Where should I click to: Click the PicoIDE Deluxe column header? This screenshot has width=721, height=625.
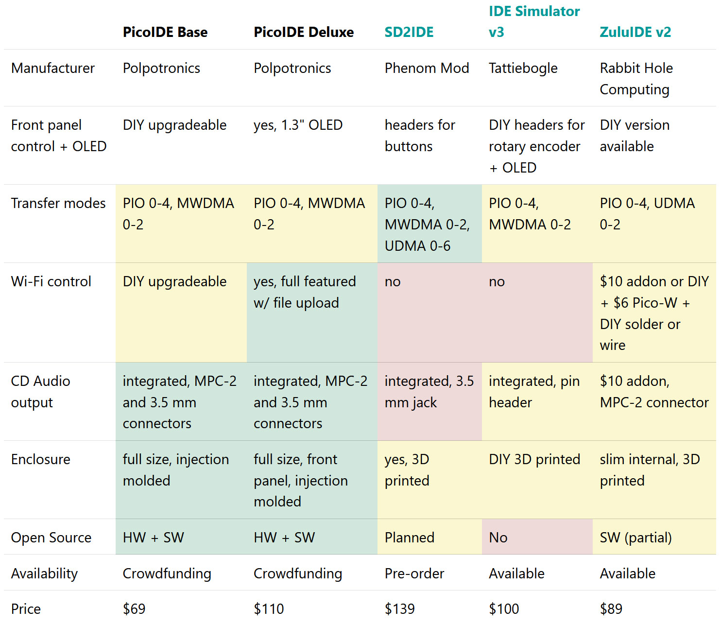(304, 32)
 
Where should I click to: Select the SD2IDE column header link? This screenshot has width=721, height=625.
(409, 32)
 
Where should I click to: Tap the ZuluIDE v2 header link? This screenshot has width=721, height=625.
(635, 32)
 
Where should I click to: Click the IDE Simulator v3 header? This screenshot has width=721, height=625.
(534, 21)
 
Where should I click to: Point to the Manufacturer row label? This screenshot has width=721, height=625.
(53, 68)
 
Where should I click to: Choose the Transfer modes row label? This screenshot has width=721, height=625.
(58, 203)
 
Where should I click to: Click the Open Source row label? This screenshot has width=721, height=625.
(51, 538)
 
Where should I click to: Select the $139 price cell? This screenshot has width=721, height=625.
(400, 608)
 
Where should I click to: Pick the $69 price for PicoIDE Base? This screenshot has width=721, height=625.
(134, 608)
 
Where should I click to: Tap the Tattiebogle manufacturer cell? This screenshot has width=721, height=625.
(523, 68)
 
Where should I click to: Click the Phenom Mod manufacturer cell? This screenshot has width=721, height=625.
(427, 68)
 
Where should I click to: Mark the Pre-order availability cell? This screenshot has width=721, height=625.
(414, 573)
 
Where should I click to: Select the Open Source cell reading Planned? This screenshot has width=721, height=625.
(410, 538)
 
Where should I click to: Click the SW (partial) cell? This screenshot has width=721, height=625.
(635, 538)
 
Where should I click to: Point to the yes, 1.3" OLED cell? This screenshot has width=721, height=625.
(298, 125)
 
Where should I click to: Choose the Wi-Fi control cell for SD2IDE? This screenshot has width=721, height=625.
(393, 282)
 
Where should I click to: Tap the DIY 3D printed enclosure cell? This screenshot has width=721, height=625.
(534, 459)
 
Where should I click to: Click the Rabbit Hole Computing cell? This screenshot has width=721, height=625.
(636, 79)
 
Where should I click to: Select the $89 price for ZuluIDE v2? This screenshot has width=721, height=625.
(611, 608)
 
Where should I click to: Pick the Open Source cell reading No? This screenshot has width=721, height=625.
(498, 538)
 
